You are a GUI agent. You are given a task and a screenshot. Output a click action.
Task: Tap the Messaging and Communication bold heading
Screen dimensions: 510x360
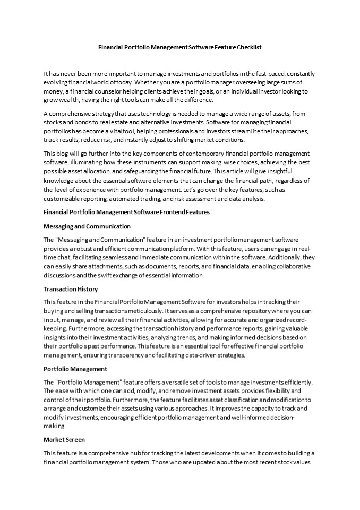87,226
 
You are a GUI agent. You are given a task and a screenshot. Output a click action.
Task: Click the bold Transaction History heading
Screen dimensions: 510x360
71,289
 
